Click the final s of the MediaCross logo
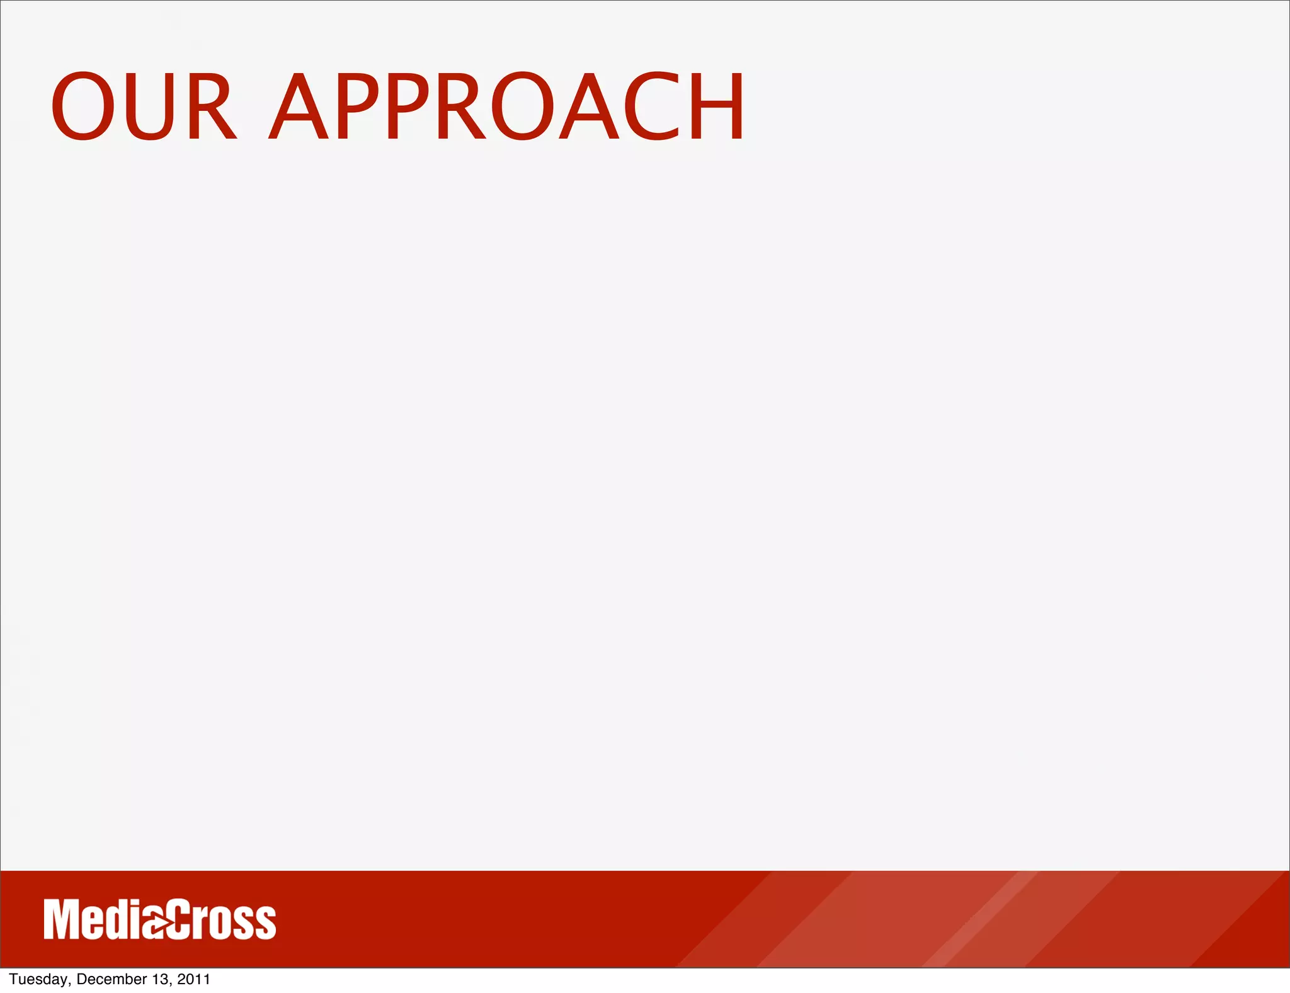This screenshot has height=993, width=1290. click(x=266, y=924)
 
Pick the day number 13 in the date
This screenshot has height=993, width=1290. click(x=160, y=980)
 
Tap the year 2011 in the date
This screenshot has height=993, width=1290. click(x=193, y=980)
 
